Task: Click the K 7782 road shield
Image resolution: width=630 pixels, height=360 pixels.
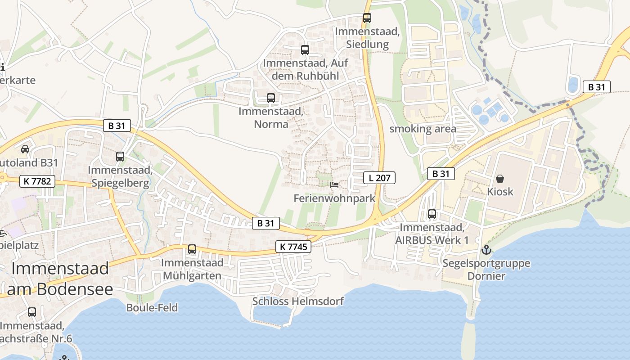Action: (x=37, y=182)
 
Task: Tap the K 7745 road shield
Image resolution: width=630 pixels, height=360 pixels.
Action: (x=293, y=247)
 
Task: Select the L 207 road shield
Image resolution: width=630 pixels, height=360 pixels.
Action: (x=379, y=178)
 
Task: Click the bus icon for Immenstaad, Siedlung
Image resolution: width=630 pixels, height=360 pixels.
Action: (x=367, y=18)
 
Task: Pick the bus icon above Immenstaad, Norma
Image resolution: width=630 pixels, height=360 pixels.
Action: (x=270, y=98)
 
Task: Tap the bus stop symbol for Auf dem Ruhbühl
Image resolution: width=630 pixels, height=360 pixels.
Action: (x=305, y=50)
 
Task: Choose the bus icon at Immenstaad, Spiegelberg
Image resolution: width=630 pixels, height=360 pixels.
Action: (x=120, y=157)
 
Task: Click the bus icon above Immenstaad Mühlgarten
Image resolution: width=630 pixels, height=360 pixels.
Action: (x=192, y=249)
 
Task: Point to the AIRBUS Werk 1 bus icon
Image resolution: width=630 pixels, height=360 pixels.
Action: (x=432, y=214)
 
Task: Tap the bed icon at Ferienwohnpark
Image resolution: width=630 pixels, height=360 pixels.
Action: (x=334, y=185)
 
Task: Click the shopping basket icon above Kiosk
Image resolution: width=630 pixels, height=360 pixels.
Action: (x=499, y=179)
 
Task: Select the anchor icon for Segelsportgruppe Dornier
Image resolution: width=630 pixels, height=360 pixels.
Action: (x=486, y=250)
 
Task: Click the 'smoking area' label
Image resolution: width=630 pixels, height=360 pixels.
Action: (x=423, y=129)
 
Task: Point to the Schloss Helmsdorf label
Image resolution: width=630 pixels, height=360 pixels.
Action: (x=298, y=301)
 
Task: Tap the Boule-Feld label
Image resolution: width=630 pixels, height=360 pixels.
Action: (x=152, y=308)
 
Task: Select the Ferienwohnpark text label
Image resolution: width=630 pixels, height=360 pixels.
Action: (x=334, y=198)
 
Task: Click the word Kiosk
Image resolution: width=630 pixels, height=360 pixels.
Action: (x=500, y=192)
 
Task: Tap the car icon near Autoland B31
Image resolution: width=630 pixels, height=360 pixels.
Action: (x=25, y=149)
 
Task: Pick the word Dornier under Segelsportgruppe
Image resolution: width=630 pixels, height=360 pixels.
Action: (x=486, y=276)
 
